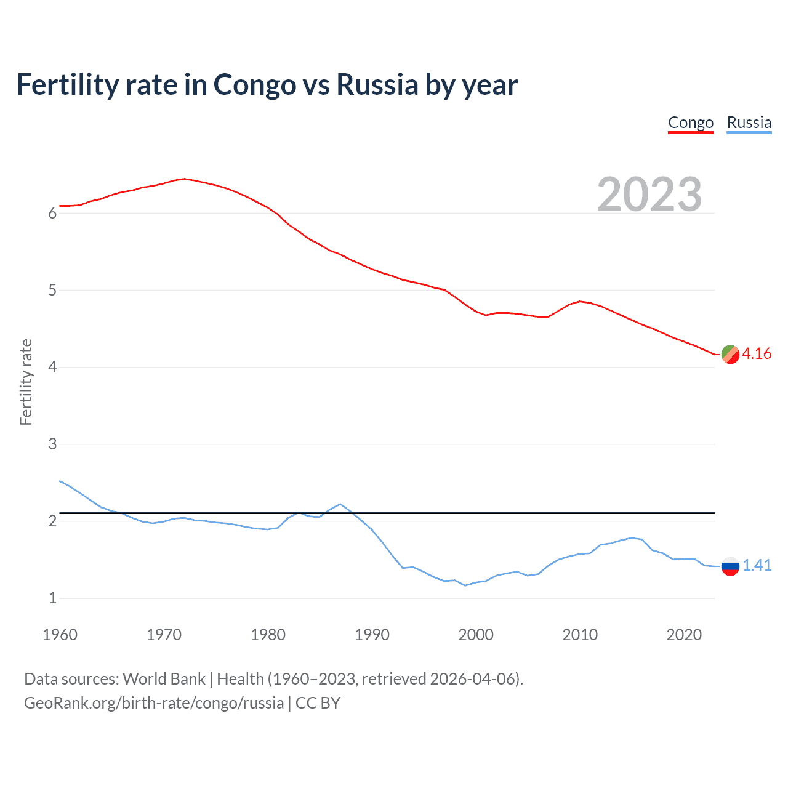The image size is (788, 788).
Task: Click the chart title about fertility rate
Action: [267, 84]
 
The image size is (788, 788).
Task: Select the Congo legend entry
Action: [691, 123]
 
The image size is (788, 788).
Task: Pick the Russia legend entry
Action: [749, 123]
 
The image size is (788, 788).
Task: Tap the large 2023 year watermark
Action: [649, 195]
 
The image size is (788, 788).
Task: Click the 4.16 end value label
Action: [757, 353]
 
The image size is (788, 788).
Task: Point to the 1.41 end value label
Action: [757, 565]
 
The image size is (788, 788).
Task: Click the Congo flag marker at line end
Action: [730, 354]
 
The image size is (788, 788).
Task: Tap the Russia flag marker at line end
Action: [730, 566]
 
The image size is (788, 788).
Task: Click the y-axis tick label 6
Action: [52, 214]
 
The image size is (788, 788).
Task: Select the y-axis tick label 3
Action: [52, 444]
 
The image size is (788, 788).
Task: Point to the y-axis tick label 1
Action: [52, 598]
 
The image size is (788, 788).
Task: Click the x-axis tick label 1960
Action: [60, 635]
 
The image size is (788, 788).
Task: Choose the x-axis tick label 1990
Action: [372, 635]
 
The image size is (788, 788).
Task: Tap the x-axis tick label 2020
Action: [684, 635]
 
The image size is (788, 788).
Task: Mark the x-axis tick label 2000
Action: [476, 635]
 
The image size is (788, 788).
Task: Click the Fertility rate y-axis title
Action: [26, 382]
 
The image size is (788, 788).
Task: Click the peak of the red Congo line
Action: [184, 179]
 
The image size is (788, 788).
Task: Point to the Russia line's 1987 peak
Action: [340, 504]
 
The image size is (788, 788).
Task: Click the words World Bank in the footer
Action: [164, 679]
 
